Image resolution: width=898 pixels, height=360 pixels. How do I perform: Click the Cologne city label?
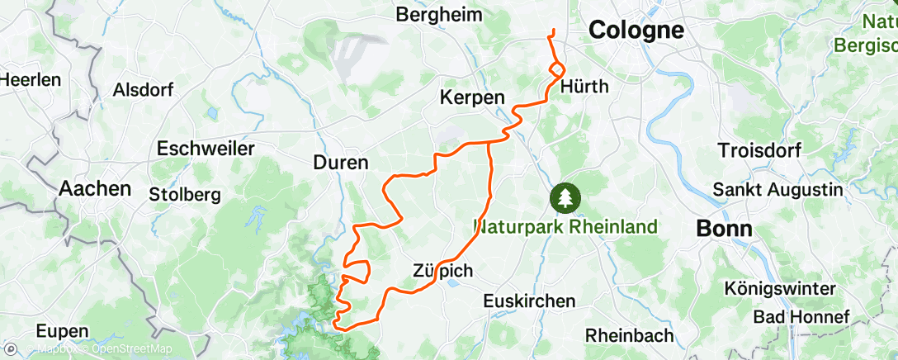(x=636, y=31)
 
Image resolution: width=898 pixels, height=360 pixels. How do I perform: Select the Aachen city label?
(x=95, y=188)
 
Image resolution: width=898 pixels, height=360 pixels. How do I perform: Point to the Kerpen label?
(x=473, y=97)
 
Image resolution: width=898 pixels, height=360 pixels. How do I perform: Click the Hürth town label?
(x=584, y=86)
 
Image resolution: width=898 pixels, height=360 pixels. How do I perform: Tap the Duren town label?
(x=341, y=163)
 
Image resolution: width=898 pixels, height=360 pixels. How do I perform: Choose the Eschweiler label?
(x=206, y=149)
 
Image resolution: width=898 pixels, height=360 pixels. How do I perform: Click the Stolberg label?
(x=184, y=195)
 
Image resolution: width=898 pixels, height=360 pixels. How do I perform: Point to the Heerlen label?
(x=31, y=80)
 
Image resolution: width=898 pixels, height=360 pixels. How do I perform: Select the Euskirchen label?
(x=528, y=301)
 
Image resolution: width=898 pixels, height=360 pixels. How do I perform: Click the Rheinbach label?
(x=629, y=335)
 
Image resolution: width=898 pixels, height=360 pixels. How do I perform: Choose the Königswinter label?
(x=779, y=288)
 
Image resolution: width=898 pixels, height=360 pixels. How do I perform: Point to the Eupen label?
(x=63, y=331)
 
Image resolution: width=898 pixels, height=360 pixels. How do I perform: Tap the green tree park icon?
(x=566, y=197)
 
